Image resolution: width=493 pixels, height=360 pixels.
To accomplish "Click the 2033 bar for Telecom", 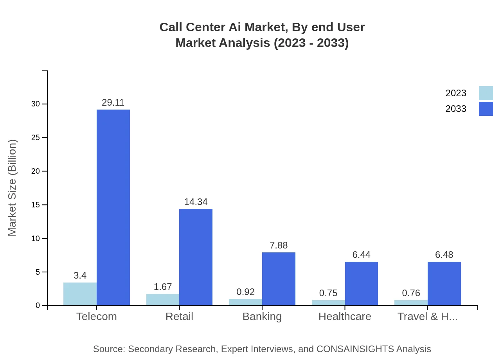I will click(x=113, y=207).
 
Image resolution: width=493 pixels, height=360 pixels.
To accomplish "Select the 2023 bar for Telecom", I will click(x=80, y=294).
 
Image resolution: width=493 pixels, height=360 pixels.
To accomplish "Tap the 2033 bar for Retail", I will click(x=196, y=257).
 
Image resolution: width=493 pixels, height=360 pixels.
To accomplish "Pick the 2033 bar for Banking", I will click(x=279, y=279).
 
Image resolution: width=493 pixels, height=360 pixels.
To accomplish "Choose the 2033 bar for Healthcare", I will click(x=361, y=283).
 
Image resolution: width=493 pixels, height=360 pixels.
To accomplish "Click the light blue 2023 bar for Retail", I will click(x=163, y=300).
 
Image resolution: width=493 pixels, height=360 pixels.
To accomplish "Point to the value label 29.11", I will click(x=113, y=103).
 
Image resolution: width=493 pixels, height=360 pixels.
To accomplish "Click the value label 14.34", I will click(x=196, y=202).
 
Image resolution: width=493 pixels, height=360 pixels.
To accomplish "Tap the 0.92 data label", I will click(x=245, y=292).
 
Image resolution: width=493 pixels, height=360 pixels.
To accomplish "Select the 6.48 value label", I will click(x=444, y=255).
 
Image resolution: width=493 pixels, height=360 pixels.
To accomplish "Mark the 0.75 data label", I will click(x=328, y=293).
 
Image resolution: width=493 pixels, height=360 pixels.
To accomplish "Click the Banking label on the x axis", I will click(x=262, y=317).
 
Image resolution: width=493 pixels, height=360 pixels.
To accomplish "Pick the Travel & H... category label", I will click(x=427, y=317).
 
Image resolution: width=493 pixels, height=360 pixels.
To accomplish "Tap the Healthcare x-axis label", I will click(x=345, y=317).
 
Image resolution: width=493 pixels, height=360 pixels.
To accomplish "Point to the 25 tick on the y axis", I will click(x=36, y=138).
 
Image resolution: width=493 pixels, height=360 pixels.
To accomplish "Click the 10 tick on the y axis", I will click(x=36, y=238).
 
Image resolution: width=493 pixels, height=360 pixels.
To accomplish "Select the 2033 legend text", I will click(x=456, y=109).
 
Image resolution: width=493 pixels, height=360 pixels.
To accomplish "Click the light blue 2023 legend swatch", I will click(x=486, y=93).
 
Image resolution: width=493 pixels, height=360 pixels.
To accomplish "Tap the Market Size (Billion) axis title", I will click(x=13, y=188).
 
